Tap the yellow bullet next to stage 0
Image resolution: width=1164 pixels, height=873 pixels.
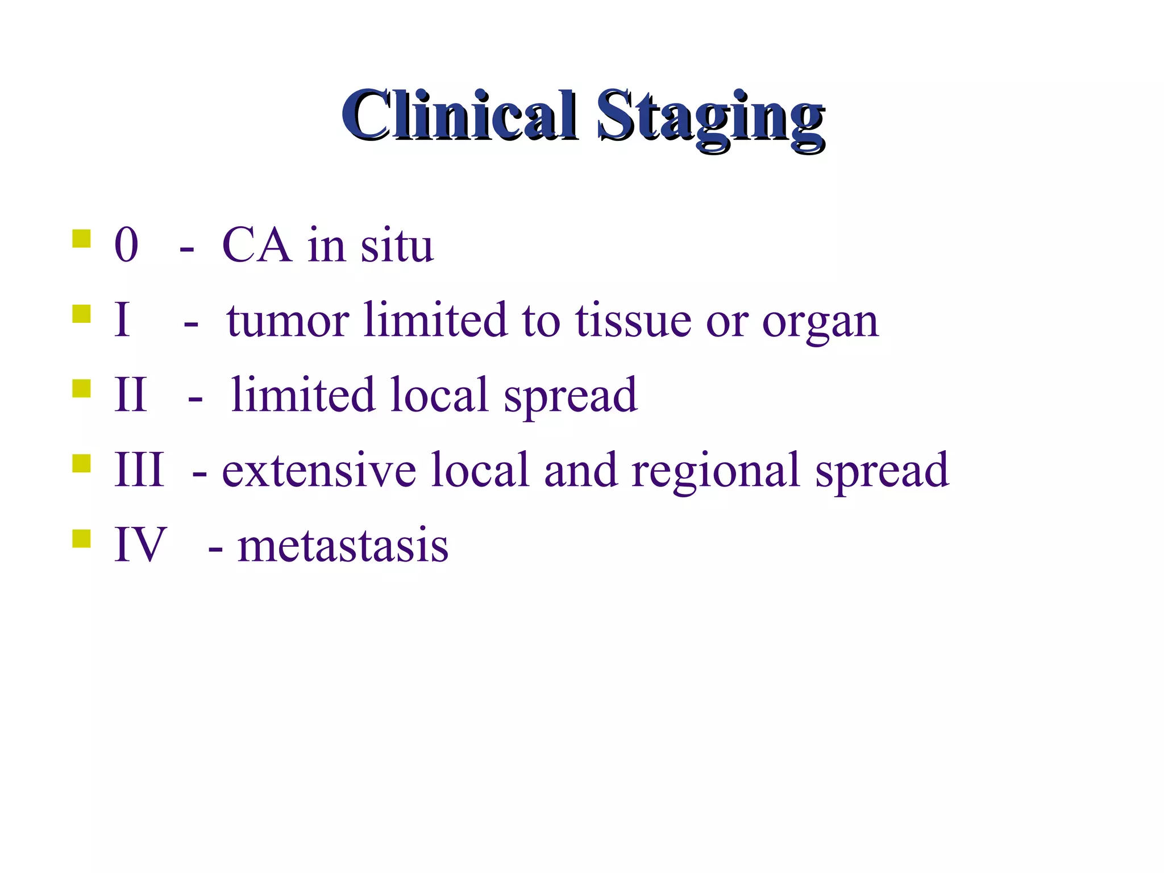(81, 239)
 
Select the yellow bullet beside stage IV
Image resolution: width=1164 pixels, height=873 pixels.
(81, 538)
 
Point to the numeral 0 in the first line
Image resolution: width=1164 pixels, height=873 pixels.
(126, 246)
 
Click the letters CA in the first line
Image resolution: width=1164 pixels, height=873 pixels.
(256, 246)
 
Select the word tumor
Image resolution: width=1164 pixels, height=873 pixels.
(288, 322)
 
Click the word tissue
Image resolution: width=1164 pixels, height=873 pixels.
(633, 321)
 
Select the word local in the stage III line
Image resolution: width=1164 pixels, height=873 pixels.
(480, 471)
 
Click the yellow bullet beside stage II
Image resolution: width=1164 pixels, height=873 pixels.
(81, 389)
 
